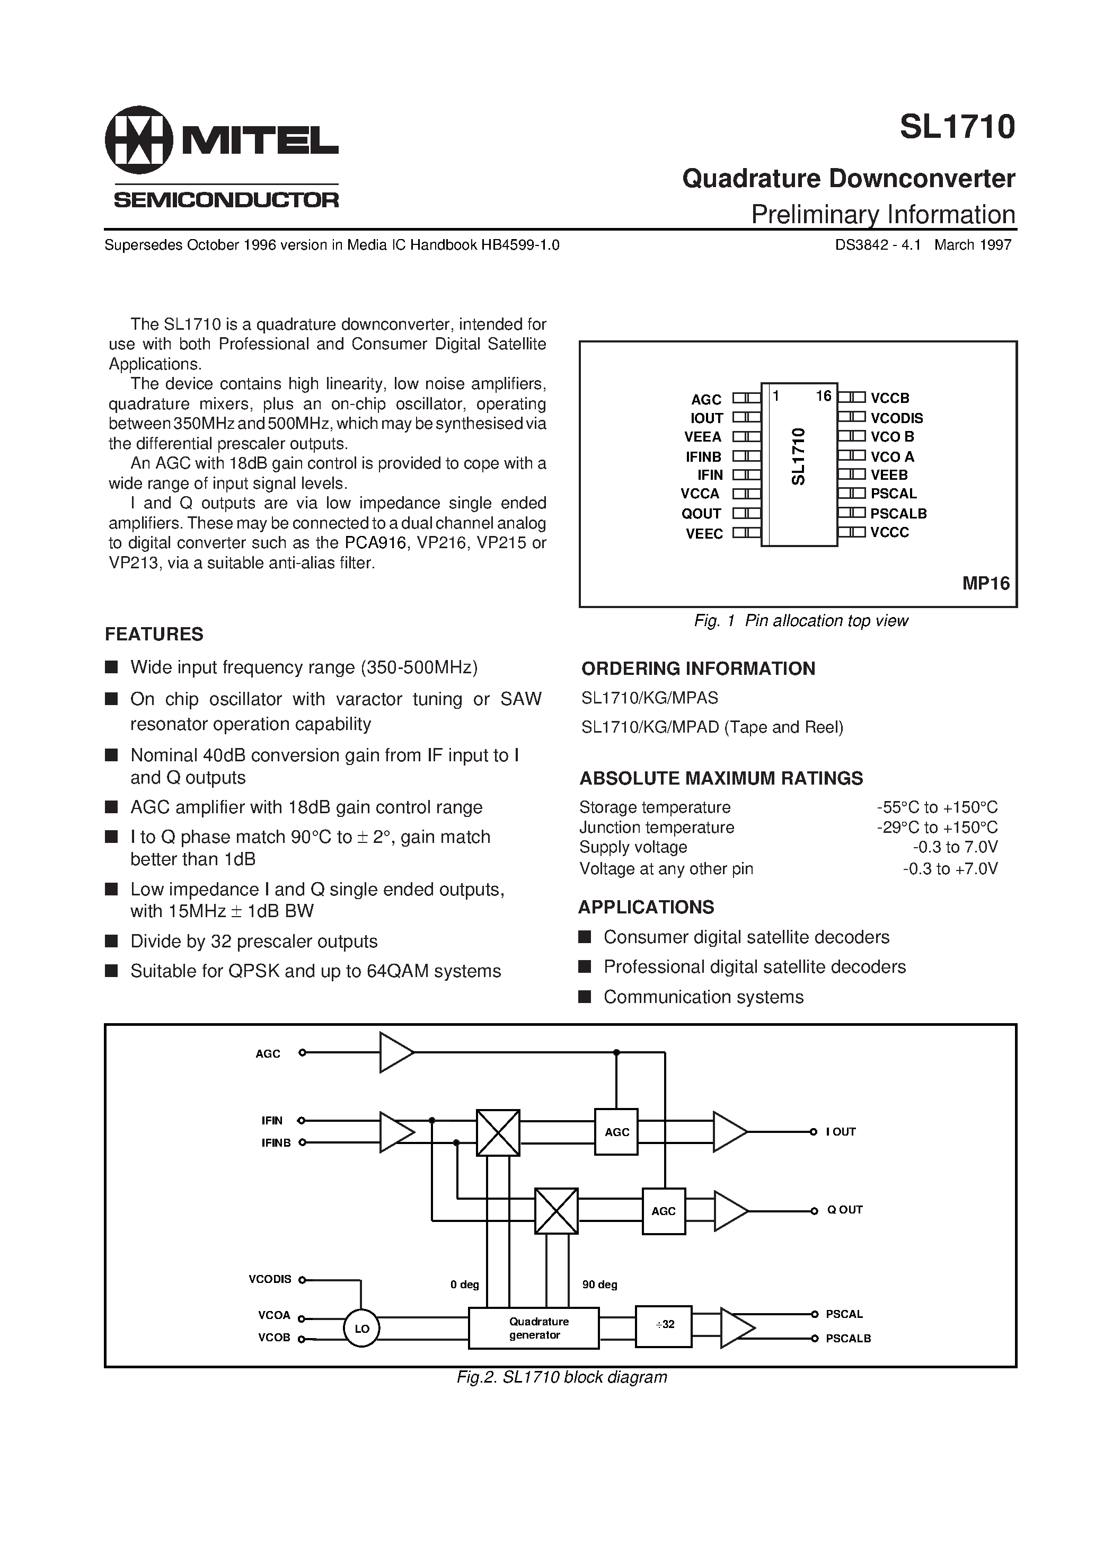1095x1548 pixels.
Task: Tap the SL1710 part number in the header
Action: pyautogui.click(x=957, y=127)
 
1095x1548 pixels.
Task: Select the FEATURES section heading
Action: pyautogui.click(x=154, y=635)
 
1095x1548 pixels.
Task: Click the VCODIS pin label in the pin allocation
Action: pyautogui.click(x=896, y=418)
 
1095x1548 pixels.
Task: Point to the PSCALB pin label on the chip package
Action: pyautogui.click(x=898, y=514)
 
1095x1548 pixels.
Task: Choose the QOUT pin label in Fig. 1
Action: pyautogui.click(x=701, y=514)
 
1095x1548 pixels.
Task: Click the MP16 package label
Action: pyautogui.click(x=985, y=583)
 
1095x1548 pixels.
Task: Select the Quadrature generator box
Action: pyautogui.click(x=534, y=1328)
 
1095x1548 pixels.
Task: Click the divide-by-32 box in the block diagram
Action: pyautogui.click(x=664, y=1324)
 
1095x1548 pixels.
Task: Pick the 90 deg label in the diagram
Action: pyautogui.click(x=599, y=1285)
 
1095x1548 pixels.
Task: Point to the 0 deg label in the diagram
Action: pyautogui.click(x=465, y=1285)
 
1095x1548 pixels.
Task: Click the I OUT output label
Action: pyautogui.click(x=840, y=1132)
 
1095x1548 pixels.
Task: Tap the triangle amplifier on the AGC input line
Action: pyautogui.click(x=396, y=1052)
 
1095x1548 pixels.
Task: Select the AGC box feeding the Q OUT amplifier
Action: pyautogui.click(x=664, y=1211)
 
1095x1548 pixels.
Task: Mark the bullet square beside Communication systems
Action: pyautogui.click(x=585, y=997)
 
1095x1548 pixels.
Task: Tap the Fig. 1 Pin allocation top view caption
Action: pyautogui.click(x=801, y=621)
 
